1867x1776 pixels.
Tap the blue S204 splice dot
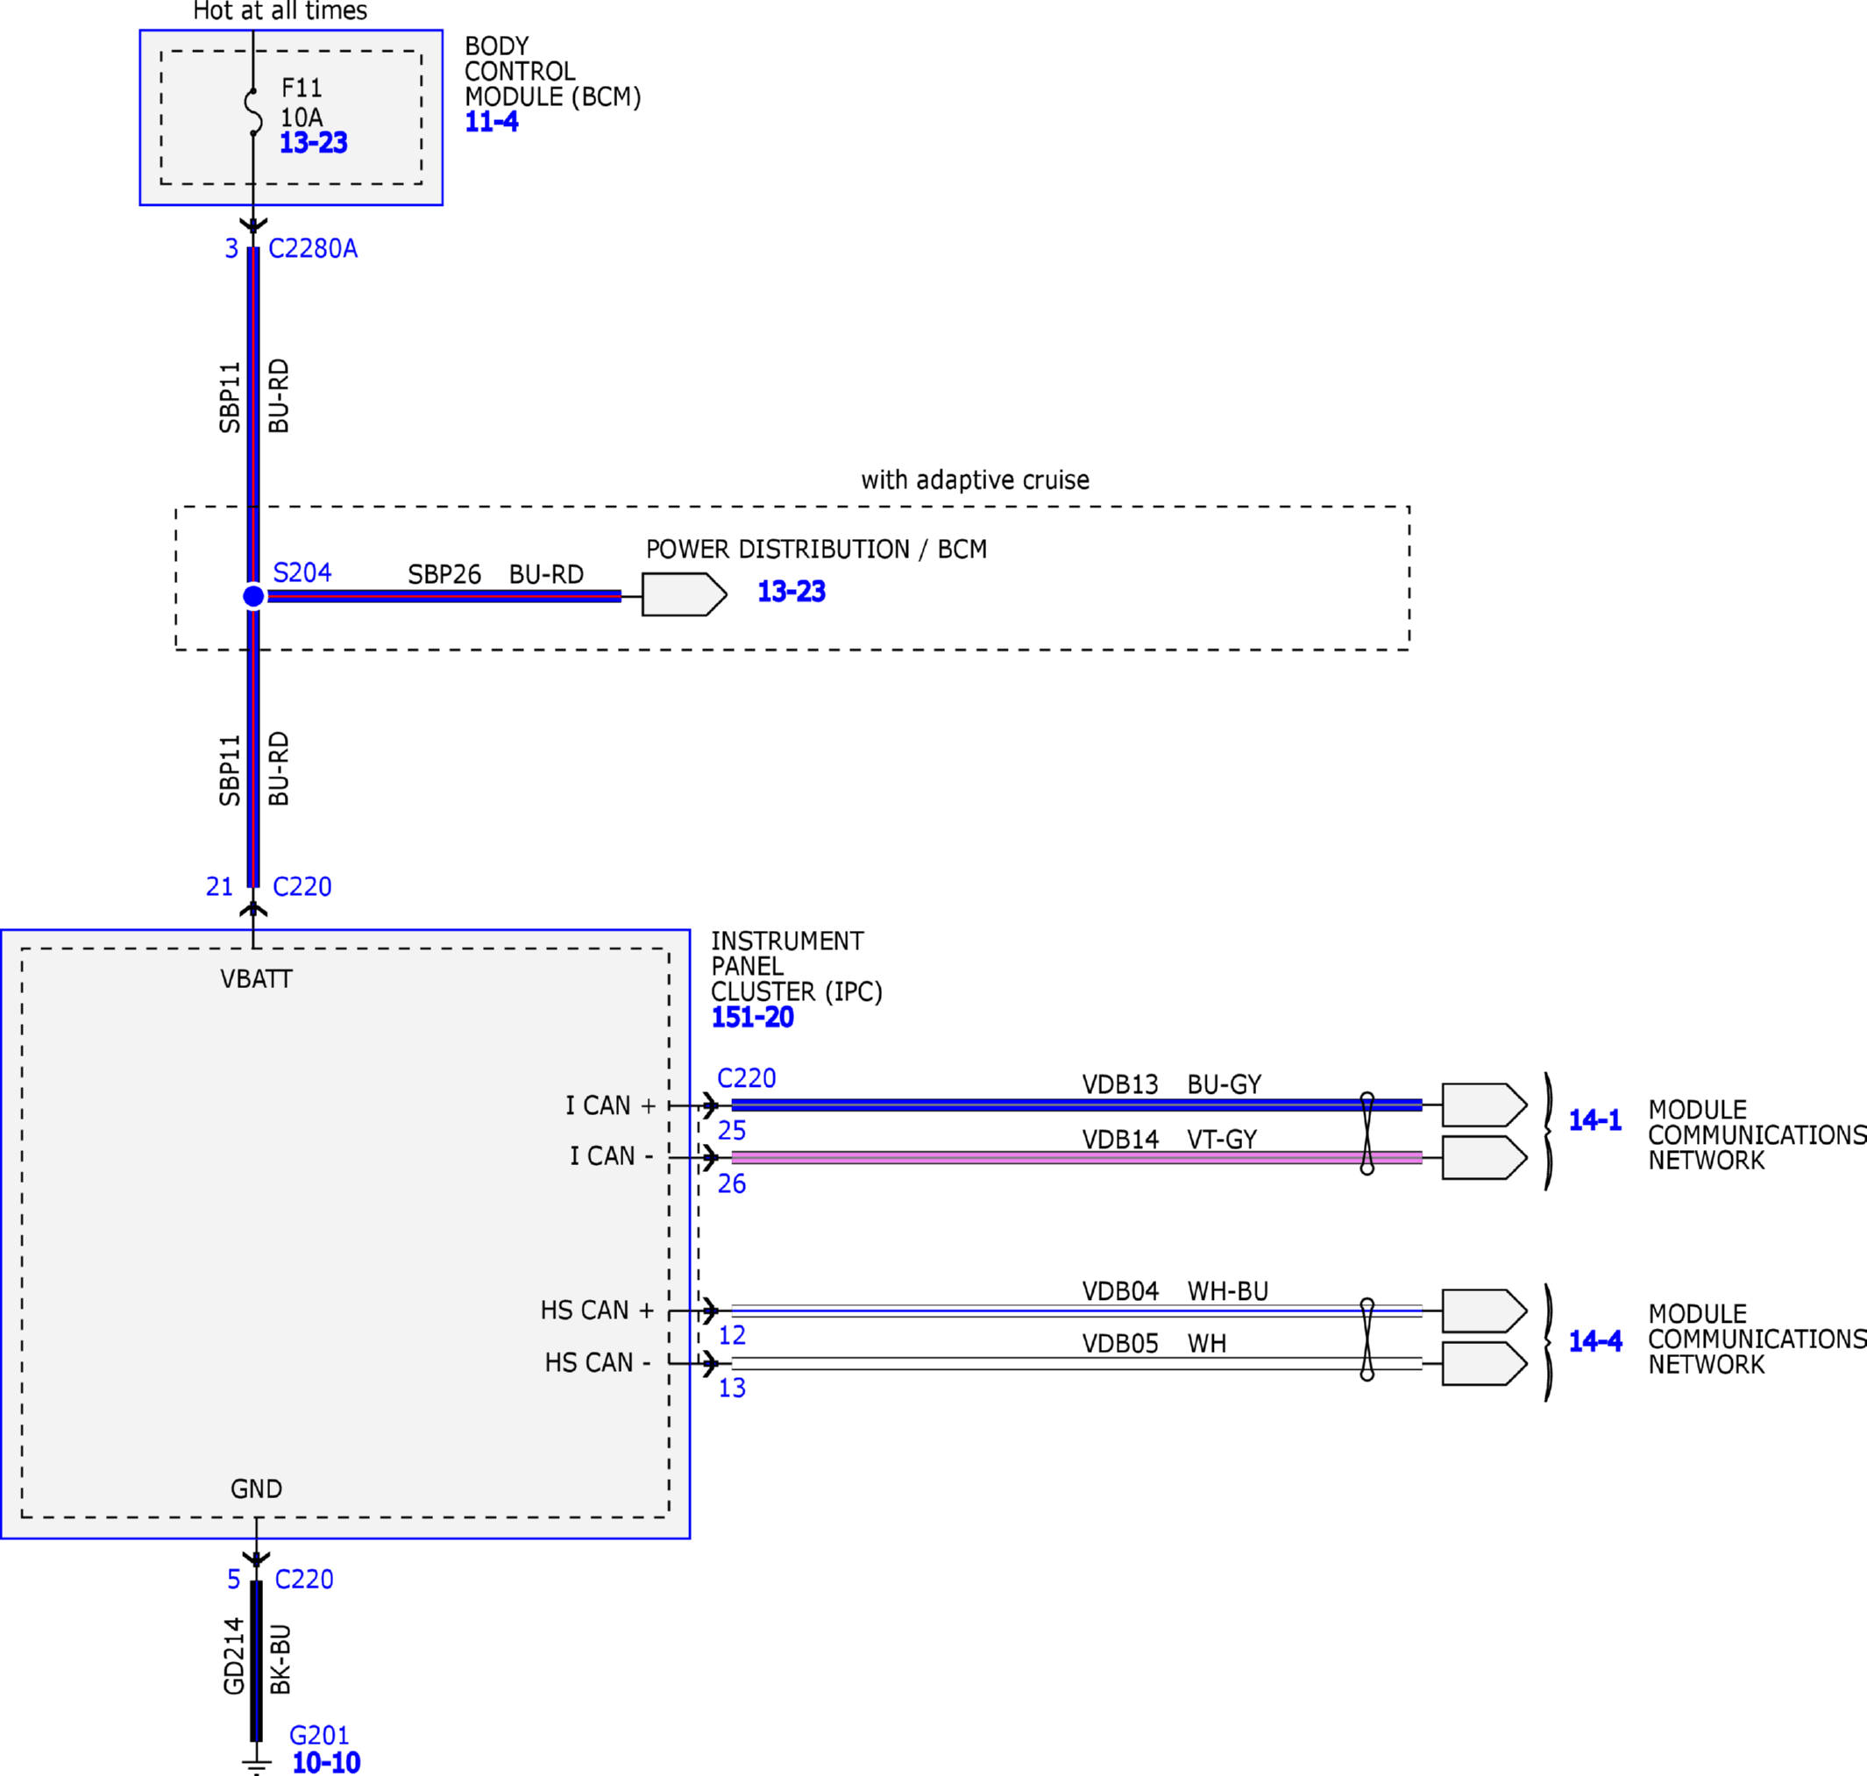tap(252, 595)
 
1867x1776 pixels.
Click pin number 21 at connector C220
tap(219, 886)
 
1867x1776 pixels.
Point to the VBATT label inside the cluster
tap(256, 979)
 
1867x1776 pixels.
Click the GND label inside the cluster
tap(256, 1488)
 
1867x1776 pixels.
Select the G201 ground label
tap(319, 1736)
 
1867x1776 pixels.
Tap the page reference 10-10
tap(326, 1762)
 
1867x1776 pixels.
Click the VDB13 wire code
tap(1120, 1084)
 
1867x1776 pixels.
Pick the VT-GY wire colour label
tap(1222, 1139)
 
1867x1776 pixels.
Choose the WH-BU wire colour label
tap(1228, 1290)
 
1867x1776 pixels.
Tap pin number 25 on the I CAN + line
tap(732, 1130)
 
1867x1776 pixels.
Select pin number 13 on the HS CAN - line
tap(732, 1388)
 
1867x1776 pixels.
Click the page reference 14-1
tap(1594, 1120)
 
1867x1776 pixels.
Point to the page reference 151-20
tap(752, 1017)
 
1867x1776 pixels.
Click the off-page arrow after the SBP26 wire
tap(685, 594)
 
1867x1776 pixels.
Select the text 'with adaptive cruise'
tap(976, 480)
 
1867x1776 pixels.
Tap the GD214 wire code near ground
tap(234, 1656)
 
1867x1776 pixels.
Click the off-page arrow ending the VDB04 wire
tap(1485, 1311)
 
